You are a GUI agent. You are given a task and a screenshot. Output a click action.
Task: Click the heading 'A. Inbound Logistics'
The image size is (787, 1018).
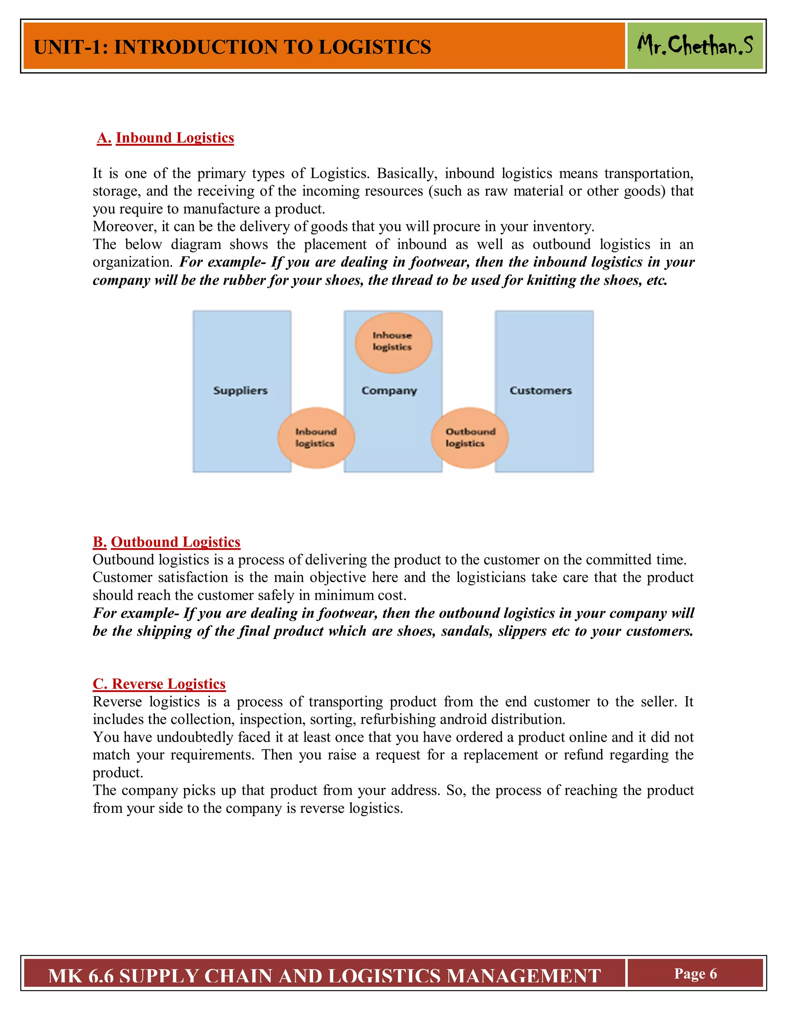pyautogui.click(x=166, y=138)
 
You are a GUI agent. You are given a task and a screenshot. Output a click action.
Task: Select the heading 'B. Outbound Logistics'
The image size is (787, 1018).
pyautogui.click(x=166, y=542)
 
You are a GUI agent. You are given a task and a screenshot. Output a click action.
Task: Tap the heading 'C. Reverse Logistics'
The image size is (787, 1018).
pyautogui.click(x=159, y=684)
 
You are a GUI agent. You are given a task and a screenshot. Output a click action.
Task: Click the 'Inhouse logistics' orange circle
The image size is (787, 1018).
pyautogui.click(x=393, y=343)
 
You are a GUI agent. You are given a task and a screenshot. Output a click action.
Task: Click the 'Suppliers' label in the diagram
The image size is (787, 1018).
pyautogui.click(x=241, y=391)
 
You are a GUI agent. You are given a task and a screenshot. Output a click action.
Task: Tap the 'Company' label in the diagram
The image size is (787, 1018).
pyautogui.click(x=389, y=391)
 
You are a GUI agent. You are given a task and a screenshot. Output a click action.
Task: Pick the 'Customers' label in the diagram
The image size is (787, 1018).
pyautogui.click(x=540, y=391)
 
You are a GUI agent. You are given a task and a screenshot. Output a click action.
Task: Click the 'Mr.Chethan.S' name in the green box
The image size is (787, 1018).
pyautogui.click(x=695, y=46)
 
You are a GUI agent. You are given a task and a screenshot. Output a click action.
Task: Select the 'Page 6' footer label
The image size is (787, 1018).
pyautogui.click(x=695, y=974)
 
